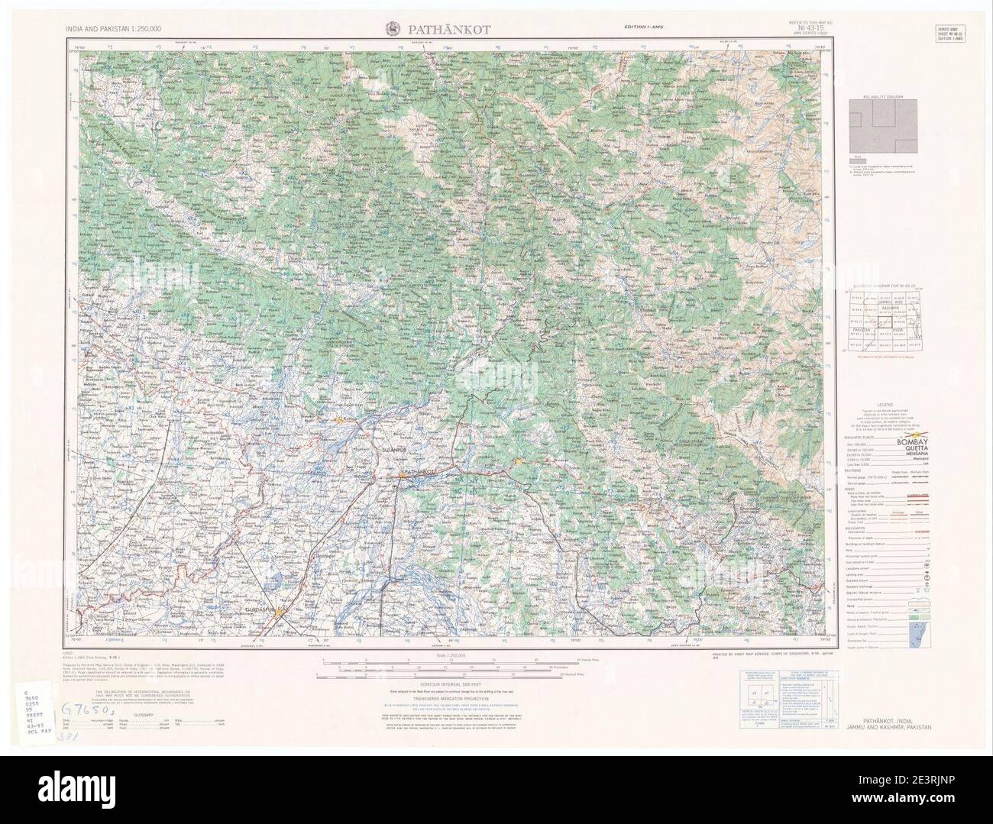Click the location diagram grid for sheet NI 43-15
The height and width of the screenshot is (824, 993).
click(888, 320)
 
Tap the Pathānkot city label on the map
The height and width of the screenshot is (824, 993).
click(423, 473)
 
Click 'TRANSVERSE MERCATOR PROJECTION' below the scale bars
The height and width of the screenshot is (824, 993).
click(446, 698)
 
